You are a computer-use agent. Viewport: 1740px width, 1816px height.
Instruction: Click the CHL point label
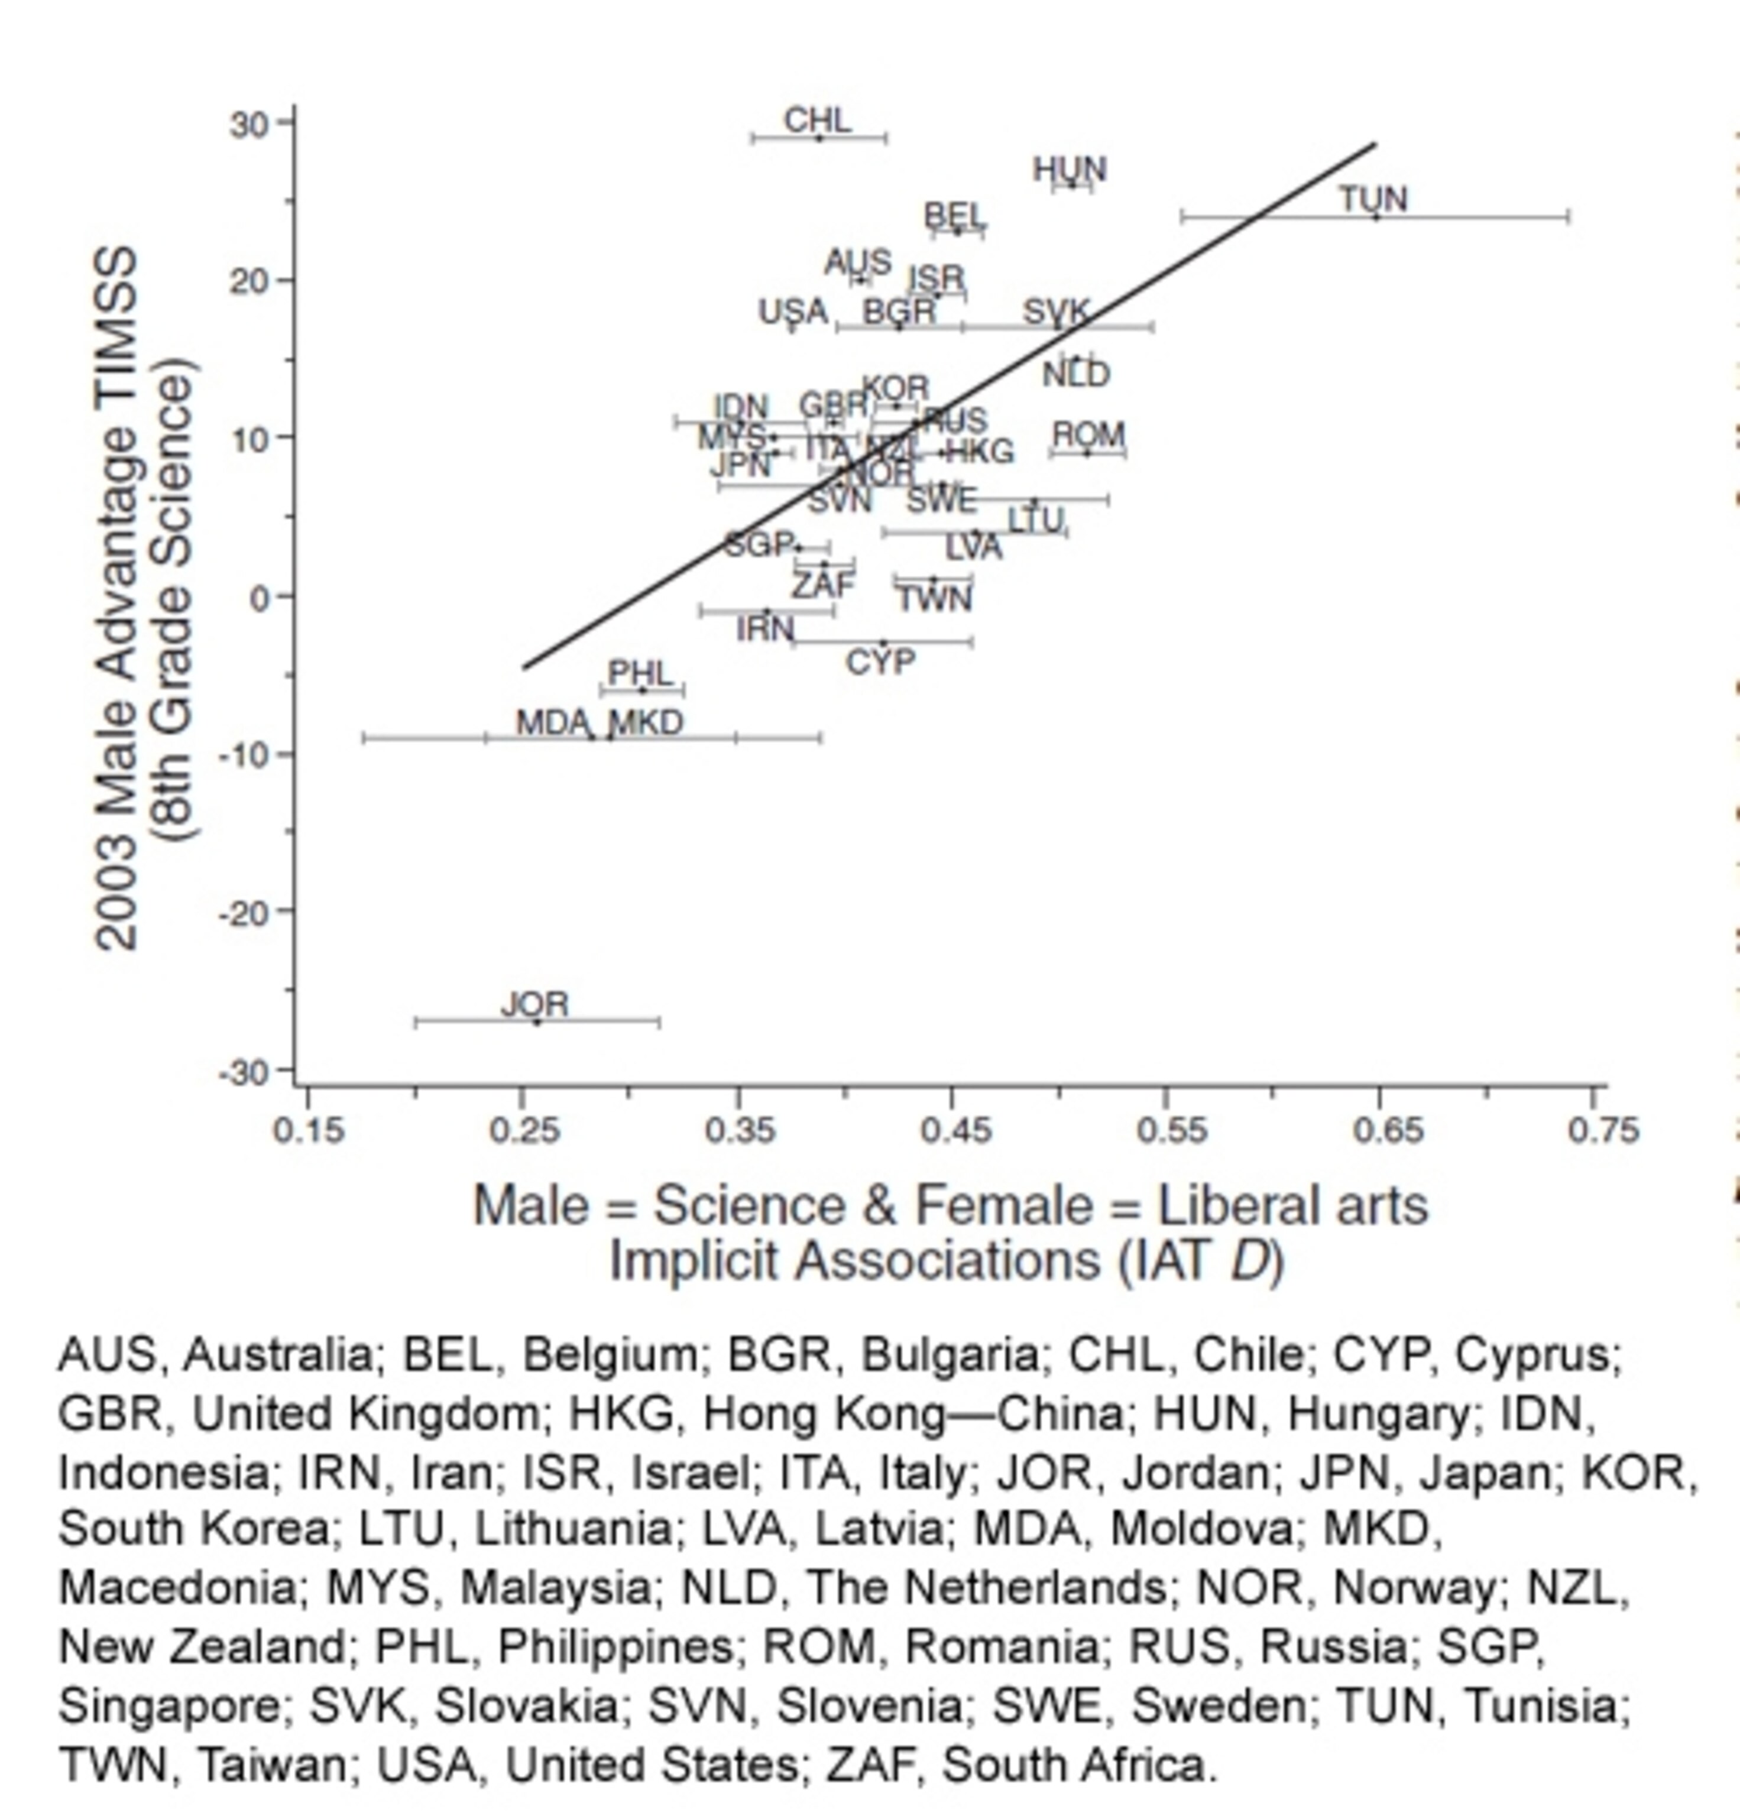point(816,121)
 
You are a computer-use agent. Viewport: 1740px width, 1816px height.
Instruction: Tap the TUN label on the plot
point(1373,199)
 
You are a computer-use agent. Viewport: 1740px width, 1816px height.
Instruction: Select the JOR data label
point(534,1004)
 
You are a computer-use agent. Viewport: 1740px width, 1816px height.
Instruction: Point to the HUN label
point(1069,170)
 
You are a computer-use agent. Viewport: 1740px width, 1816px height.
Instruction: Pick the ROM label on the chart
point(1088,434)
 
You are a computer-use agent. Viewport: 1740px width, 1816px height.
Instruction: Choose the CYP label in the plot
point(880,661)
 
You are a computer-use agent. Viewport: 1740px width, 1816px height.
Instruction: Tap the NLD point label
point(1075,375)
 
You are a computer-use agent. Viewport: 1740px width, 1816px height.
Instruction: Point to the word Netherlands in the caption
point(986,1588)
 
